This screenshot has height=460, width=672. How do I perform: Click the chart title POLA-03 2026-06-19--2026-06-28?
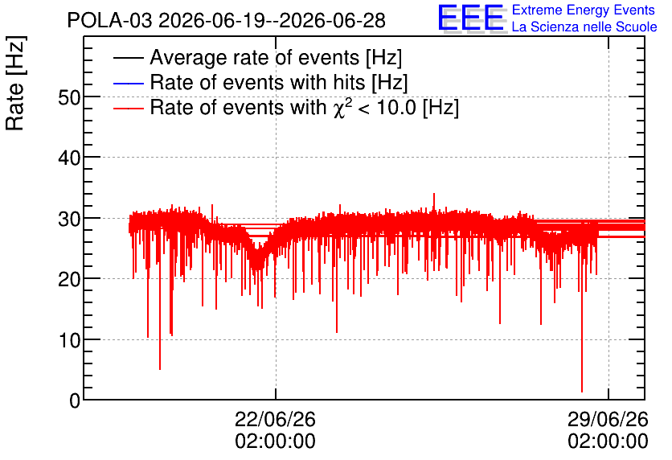227,20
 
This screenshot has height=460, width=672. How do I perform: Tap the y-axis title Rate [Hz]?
15,83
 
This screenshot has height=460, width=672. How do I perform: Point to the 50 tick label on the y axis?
69,98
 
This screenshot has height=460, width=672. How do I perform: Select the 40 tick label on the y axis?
69,158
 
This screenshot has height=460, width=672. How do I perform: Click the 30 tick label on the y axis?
69,219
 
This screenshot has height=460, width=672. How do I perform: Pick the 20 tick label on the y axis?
69,280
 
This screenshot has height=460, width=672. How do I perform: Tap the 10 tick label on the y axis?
69,340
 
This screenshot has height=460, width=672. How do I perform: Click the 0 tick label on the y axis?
75,400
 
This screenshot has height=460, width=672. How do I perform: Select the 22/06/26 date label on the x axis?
275,419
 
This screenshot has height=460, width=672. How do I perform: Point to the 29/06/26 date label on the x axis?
608,419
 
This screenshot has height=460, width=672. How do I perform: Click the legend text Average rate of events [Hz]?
276,57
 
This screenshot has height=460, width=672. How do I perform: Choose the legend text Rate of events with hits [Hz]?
279,82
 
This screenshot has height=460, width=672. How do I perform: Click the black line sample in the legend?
129,58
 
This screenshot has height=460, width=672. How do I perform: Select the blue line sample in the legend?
129,83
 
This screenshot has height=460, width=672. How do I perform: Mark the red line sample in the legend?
129,108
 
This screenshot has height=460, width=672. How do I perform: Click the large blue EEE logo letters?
470,18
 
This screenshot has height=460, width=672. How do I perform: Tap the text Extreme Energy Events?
584,10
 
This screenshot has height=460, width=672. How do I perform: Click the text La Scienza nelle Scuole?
584,27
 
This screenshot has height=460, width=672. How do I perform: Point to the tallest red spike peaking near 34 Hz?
434,203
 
